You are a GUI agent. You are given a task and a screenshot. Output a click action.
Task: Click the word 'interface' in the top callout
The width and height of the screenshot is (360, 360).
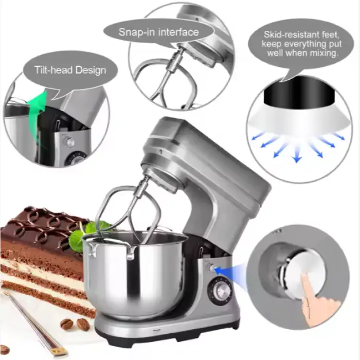[x=178, y=32]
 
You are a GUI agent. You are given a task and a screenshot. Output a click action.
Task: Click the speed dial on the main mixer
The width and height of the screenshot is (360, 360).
[x=220, y=291]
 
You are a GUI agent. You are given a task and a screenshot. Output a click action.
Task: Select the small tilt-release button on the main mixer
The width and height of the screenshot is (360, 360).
[x=211, y=268]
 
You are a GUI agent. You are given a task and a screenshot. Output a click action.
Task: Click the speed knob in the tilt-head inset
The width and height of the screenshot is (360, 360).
[x=69, y=141]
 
